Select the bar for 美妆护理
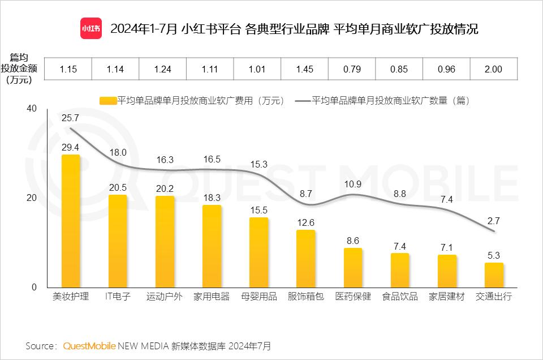71,221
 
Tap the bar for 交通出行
494,275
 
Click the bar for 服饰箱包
306,258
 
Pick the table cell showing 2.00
494,69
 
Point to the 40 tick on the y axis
31,109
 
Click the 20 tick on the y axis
31,198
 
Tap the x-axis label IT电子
118,297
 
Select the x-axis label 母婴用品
258,297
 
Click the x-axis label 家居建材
446,297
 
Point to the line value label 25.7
70,118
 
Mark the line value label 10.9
352,185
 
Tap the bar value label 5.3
494,255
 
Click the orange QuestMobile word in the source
89,345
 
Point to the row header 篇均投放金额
20,68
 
